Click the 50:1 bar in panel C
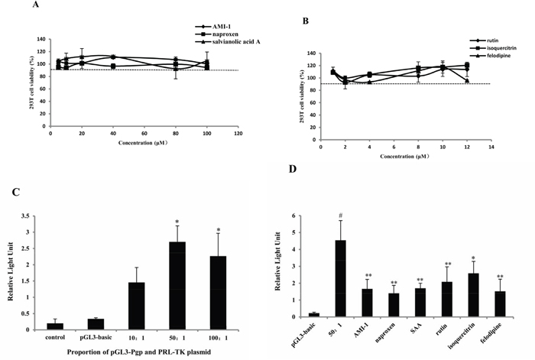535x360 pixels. pos(177,286)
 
